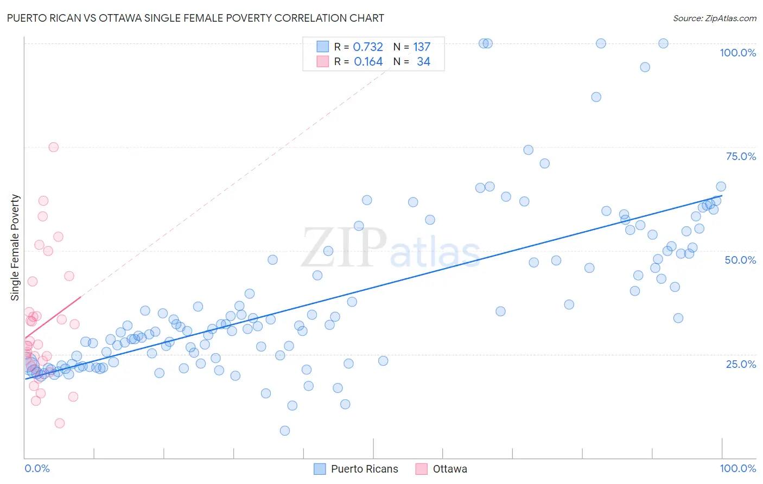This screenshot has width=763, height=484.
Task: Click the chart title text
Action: (x=195, y=18)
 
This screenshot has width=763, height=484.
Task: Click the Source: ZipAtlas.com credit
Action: (x=714, y=18)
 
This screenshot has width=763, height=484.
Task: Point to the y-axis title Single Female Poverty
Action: (x=15, y=247)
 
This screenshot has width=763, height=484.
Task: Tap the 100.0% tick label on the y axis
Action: (x=737, y=53)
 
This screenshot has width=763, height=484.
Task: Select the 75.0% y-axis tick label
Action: (x=741, y=156)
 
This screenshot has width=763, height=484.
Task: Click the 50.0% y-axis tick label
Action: (x=740, y=260)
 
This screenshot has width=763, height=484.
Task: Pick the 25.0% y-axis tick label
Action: (x=741, y=364)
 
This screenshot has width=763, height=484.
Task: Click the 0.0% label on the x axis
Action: (x=37, y=468)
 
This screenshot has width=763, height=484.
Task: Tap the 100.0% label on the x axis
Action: (x=737, y=468)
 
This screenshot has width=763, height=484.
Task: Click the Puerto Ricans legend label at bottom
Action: (x=364, y=469)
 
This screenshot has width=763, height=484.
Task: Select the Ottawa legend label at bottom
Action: (x=450, y=469)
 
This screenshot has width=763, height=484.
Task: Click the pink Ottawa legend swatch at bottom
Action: (x=421, y=469)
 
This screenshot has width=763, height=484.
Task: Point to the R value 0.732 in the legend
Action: (x=368, y=47)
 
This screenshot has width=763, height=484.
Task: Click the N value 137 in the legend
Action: (x=422, y=47)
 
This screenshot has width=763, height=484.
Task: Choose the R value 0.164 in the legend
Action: (x=368, y=62)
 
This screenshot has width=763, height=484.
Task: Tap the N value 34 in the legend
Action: (x=423, y=62)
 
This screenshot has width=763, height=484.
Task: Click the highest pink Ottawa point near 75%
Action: (x=53, y=147)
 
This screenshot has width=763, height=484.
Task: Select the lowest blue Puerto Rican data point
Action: (x=285, y=431)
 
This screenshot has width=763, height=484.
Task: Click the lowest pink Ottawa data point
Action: (x=60, y=423)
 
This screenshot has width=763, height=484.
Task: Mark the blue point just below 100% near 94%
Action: (x=645, y=67)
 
